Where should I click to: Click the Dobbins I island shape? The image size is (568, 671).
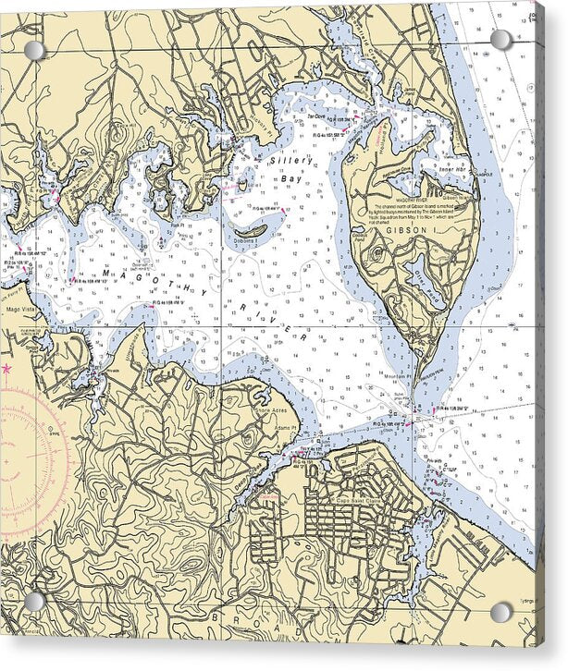pos(251,230)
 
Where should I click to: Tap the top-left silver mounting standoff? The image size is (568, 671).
pos(34,50)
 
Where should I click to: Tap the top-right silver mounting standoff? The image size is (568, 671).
pos(500,40)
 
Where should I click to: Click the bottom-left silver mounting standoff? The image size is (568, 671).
pos(34,602)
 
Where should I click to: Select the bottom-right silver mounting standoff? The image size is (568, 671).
pos(500,612)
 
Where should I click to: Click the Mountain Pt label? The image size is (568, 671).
pos(397,378)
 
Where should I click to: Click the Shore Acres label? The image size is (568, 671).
pos(278,413)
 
